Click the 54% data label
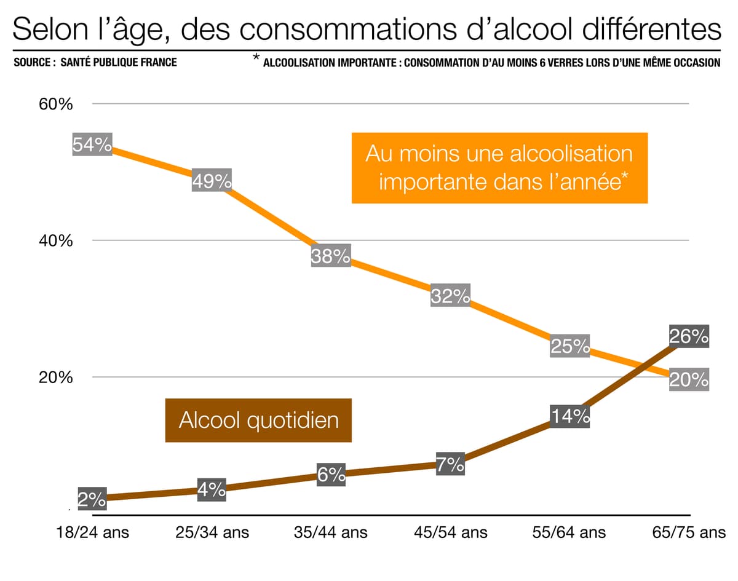[x=92, y=145]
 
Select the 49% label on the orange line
[x=212, y=181]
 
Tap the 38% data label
[x=331, y=256]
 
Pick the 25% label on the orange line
[x=570, y=346]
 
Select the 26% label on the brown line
[x=689, y=336]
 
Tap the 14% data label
[x=570, y=417]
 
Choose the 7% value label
[x=450, y=465]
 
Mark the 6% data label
[x=331, y=475]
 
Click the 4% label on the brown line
[x=212, y=490]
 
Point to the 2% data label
[x=92, y=499]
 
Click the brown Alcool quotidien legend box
[x=258, y=421]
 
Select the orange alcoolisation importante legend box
[x=499, y=168]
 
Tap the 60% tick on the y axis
[x=56, y=104]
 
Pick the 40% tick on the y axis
[x=56, y=240]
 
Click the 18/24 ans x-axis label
[x=92, y=532]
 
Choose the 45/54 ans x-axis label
[x=450, y=532]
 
